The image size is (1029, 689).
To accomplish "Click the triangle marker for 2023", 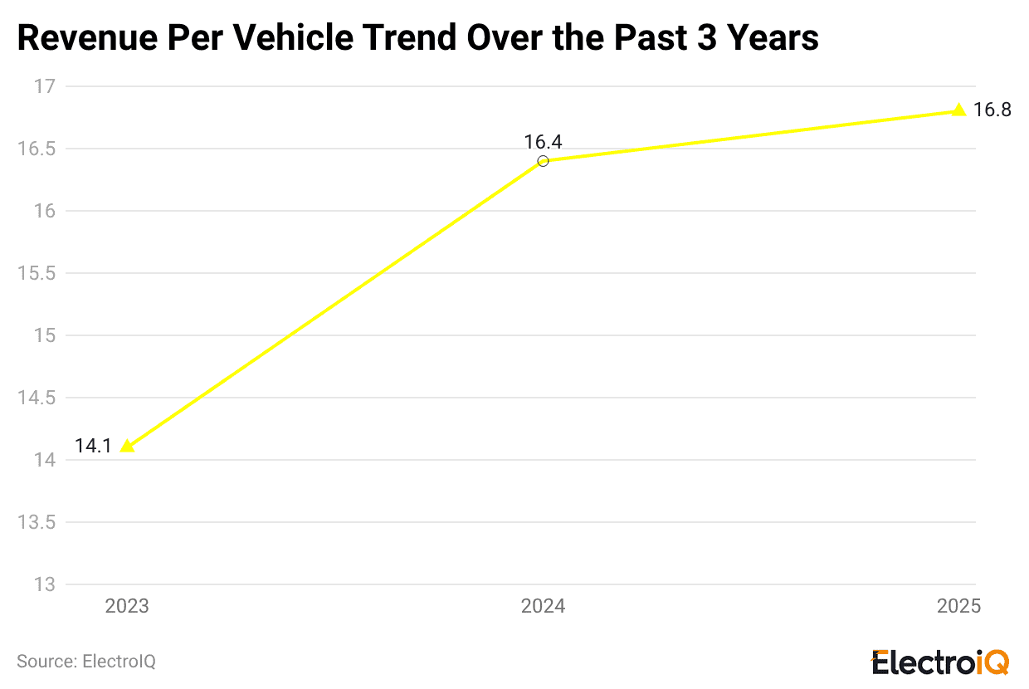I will click(x=127, y=447).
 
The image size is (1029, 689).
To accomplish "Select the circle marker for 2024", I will click(x=543, y=161).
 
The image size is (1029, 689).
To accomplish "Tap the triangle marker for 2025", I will click(x=958, y=110).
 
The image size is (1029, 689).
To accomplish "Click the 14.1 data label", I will click(x=93, y=447).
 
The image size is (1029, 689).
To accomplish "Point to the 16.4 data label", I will click(x=543, y=142).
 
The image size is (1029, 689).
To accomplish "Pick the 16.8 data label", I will click(x=992, y=110).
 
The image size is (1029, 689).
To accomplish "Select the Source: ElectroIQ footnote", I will click(x=86, y=662).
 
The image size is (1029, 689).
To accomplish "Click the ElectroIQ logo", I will click(x=939, y=662).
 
